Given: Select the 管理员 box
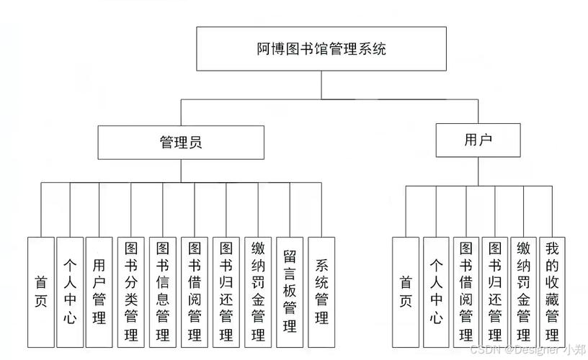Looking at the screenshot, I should pyautogui.click(x=181, y=142).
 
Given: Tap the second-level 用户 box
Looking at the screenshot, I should pyautogui.click(x=478, y=140).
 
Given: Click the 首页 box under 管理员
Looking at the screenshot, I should pyautogui.click(x=40, y=292).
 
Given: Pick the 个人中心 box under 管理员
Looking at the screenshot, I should pyautogui.click(x=70, y=292).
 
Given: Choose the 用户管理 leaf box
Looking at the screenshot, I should pyautogui.click(x=99, y=292).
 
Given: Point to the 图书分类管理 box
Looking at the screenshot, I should pyautogui.click(x=130, y=292).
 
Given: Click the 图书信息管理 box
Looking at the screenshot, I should pyautogui.click(x=162, y=292).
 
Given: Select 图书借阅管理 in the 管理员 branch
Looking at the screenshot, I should pyautogui.click(x=194, y=292).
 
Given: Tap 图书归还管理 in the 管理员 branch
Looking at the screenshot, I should pyautogui.click(x=226, y=292).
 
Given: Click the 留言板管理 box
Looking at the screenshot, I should pyautogui.click(x=290, y=292).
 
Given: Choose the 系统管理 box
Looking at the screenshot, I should pyautogui.click(x=321, y=292).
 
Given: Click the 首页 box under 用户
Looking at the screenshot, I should pyautogui.click(x=406, y=292).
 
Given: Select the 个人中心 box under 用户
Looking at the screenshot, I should pyautogui.click(x=436, y=292).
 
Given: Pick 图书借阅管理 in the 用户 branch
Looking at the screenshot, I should pyautogui.click(x=465, y=292).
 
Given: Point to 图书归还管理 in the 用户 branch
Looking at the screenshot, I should pyautogui.click(x=494, y=292).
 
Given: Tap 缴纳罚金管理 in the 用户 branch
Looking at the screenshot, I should pyautogui.click(x=523, y=292).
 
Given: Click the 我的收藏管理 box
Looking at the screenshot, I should pyautogui.click(x=552, y=292).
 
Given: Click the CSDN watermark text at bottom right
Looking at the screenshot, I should pyautogui.click(x=527, y=351).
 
